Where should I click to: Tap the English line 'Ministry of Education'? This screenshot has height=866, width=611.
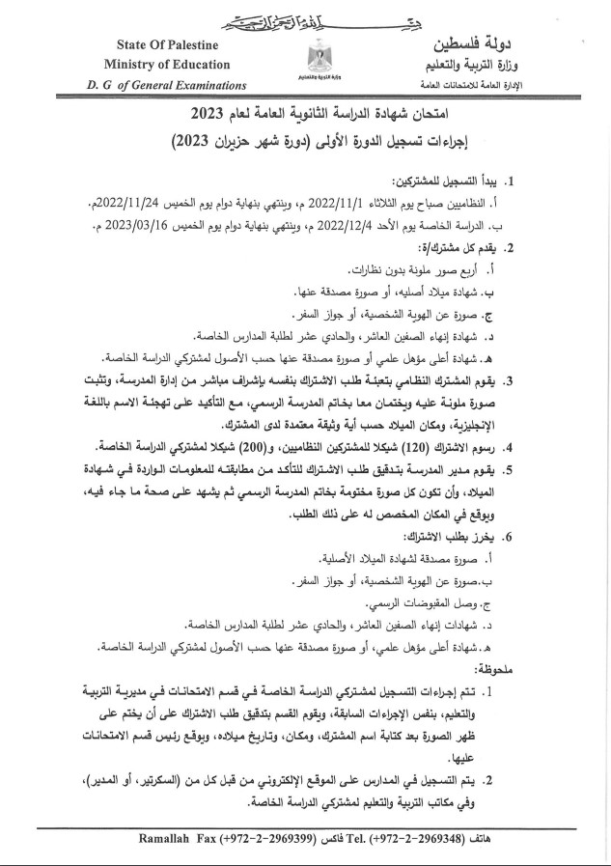click(x=157, y=64)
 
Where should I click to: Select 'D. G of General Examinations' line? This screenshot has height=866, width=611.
click(x=156, y=84)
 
